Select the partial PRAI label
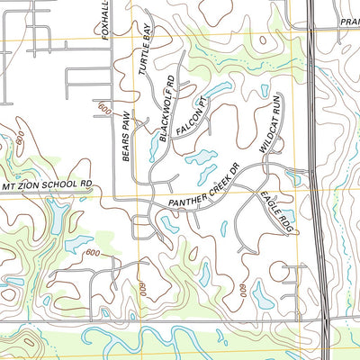[349, 22]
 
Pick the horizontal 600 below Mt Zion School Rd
[92, 254]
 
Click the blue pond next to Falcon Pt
[217, 90]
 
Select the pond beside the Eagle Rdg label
[289, 216]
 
